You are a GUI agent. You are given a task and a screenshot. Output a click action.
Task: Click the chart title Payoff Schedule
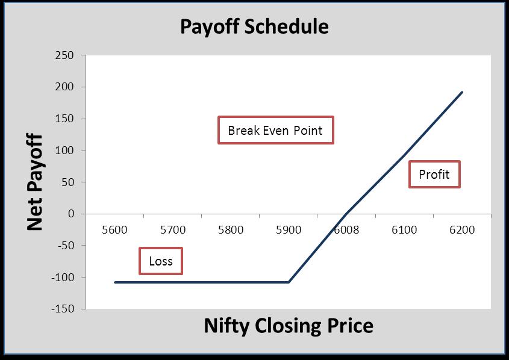pyautogui.click(x=254, y=26)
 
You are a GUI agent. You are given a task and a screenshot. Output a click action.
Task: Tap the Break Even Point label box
pyautogui.click(x=276, y=130)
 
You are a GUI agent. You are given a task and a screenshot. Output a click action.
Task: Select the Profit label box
pyautogui.click(x=434, y=174)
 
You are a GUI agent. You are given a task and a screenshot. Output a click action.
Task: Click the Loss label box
pyautogui.click(x=161, y=261)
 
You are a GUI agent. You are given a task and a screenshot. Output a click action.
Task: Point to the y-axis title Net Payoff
pyautogui.click(x=35, y=182)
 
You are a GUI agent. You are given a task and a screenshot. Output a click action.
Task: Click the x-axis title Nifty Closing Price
pyautogui.click(x=289, y=325)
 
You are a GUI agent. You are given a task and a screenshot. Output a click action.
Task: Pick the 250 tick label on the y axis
pyautogui.click(x=64, y=55)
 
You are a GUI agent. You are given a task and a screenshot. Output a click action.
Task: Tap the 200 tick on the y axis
pyautogui.click(x=64, y=87)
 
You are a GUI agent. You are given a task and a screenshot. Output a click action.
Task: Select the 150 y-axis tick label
pyautogui.click(x=64, y=119)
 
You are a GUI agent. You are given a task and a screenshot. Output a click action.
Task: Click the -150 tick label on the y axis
pyautogui.click(x=63, y=308)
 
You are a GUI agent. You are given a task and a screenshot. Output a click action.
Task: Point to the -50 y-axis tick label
pyautogui.click(x=66, y=245)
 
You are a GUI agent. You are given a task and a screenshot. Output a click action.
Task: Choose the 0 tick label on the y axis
pyautogui.click(x=71, y=214)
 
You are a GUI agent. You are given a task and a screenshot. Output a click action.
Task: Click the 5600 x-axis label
pyautogui.click(x=114, y=229)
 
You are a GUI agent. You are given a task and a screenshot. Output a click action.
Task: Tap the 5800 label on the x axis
pyautogui.click(x=231, y=229)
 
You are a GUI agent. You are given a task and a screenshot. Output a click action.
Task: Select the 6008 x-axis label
pyautogui.click(x=346, y=229)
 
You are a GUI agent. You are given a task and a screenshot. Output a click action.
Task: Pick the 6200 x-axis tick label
pyautogui.click(x=462, y=229)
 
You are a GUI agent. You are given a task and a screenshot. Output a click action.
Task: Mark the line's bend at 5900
pyautogui.click(x=289, y=282)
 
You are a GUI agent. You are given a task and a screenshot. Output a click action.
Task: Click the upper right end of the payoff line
pyautogui.click(x=462, y=93)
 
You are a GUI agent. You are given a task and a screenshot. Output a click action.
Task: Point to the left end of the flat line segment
pyautogui.click(x=115, y=282)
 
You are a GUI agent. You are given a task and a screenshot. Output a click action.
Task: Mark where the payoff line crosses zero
pyautogui.click(x=346, y=214)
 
